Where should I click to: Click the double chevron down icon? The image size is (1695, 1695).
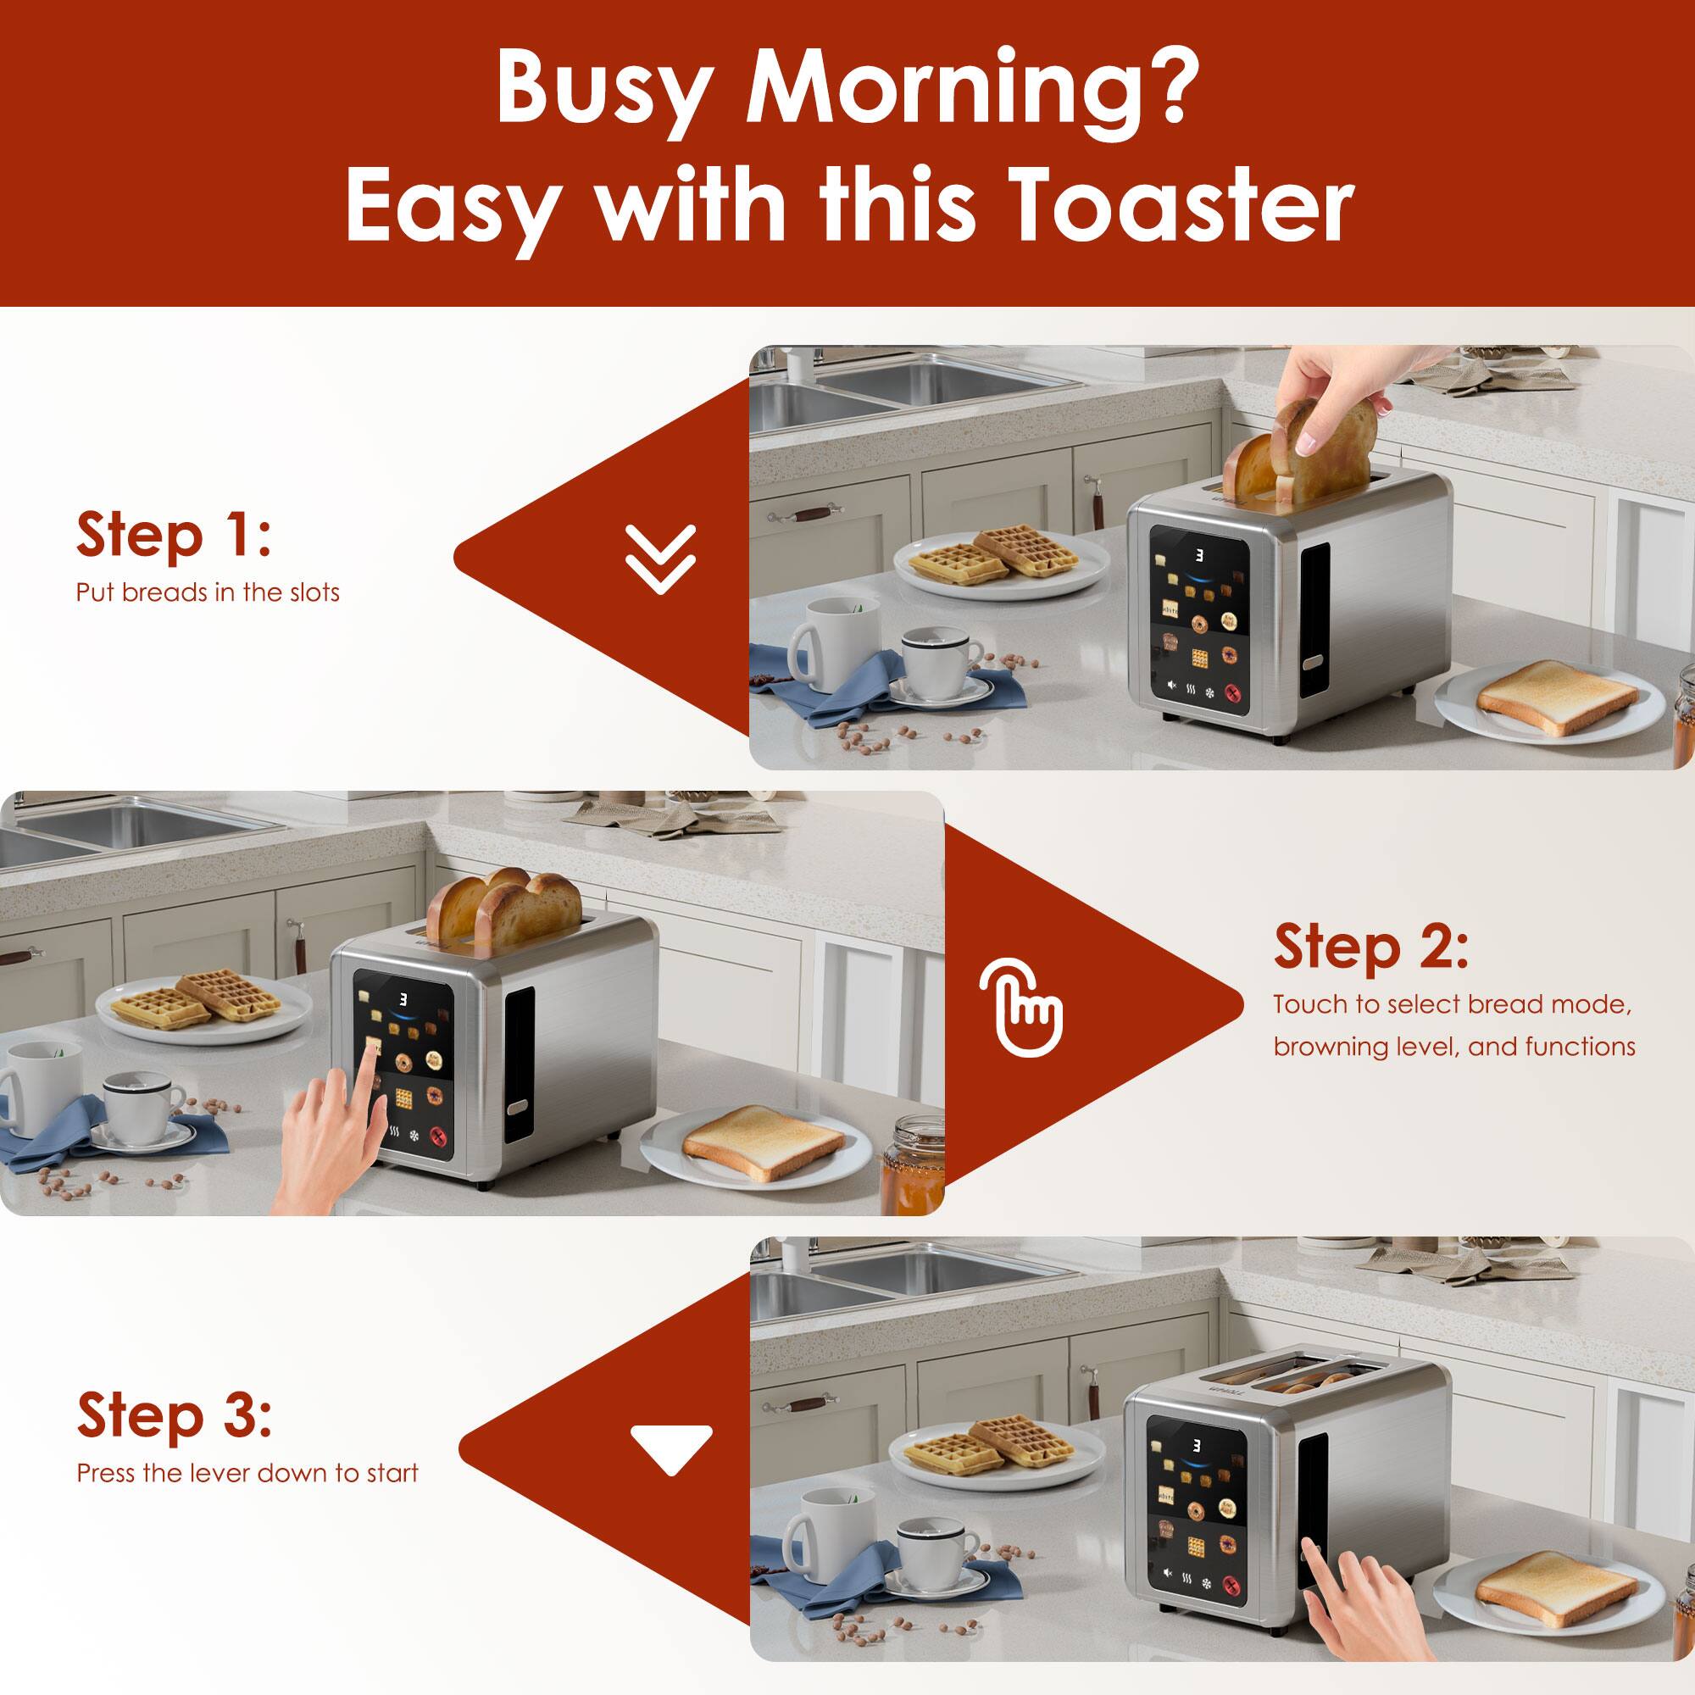click(659, 558)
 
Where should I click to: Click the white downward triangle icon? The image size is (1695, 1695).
click(670, 1450)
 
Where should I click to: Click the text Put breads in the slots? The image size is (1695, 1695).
click(207, 592)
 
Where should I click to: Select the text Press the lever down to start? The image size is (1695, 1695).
click(247, 1473)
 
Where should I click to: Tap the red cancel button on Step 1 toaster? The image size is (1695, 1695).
click(1235, 693)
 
